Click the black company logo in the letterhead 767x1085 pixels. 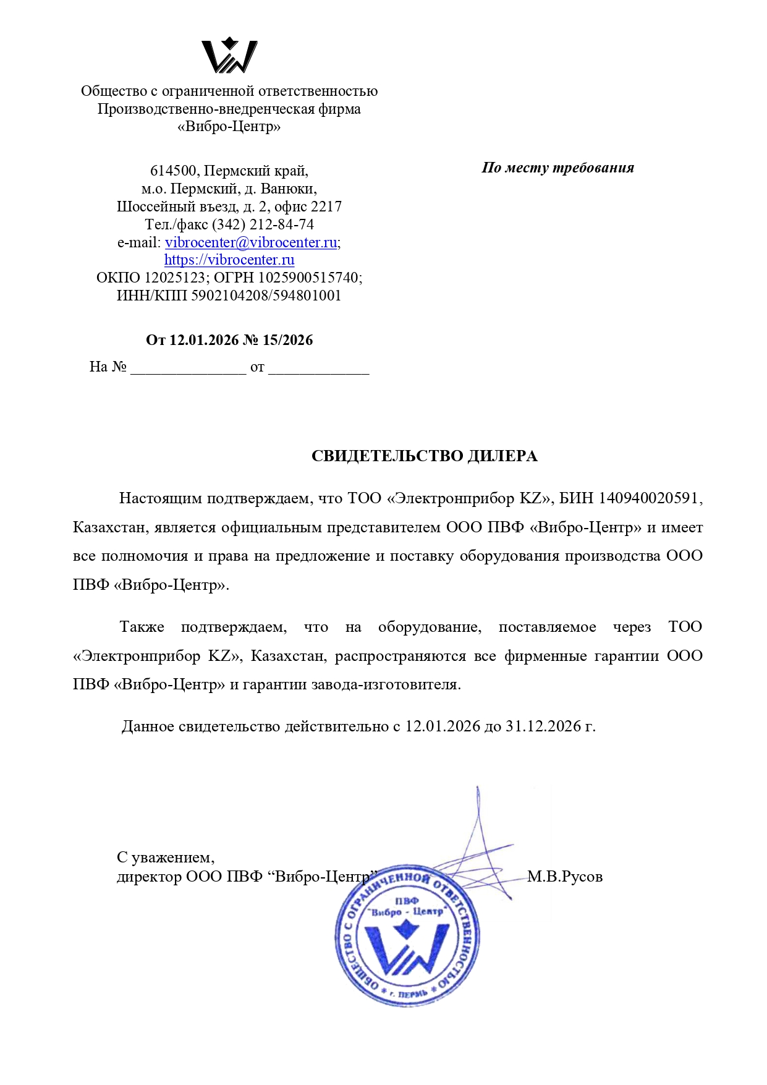[229, 56]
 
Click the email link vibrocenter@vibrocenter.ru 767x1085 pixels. [251, 242]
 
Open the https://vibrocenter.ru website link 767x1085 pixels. [229, 260]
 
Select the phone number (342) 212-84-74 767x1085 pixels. [263, 224]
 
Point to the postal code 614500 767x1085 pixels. [174, 171]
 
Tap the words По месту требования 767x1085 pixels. [557, 168]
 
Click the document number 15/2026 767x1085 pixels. [287, 340]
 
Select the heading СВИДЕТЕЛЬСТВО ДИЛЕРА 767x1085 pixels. [424, 456]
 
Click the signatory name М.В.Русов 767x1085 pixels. [564, 877]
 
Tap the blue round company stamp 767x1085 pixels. [407, 934]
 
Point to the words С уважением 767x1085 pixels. [166, 857]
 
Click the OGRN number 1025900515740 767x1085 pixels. [308, 278]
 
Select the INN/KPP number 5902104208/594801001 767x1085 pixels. [266, 296]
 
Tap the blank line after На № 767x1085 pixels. [188, 368]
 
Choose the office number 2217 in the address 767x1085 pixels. [326, 206]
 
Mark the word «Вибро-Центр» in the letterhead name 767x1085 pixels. [229, 127]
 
